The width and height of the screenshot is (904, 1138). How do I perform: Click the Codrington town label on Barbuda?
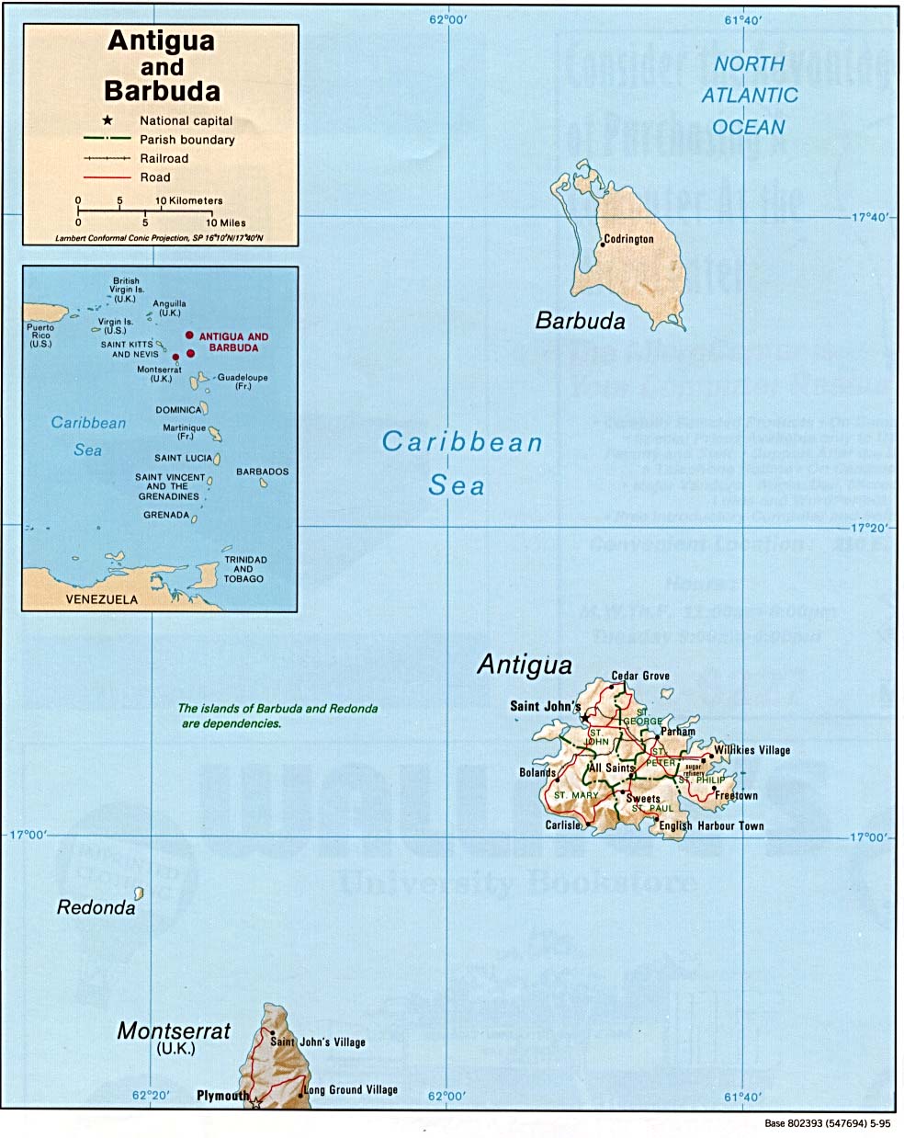pos(630,239)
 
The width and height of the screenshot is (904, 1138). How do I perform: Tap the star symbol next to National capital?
pos(107,120)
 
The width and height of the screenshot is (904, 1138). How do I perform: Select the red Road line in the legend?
pos(107,177)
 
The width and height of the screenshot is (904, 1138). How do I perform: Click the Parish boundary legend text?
pos(186,140)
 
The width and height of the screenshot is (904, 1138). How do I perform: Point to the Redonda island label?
pos(96,907)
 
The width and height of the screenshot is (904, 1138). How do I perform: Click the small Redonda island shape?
pos(139,893)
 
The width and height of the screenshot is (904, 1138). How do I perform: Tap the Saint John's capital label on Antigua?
pos(545,706)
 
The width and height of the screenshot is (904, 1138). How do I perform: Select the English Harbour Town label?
pos(711,825)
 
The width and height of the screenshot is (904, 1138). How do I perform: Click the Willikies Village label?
pos(751,750)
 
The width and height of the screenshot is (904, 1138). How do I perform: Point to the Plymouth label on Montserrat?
pos(222,1096)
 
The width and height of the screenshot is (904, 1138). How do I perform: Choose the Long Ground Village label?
pos(353,1090)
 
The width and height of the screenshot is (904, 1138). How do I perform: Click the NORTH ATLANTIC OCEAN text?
pos(749,96)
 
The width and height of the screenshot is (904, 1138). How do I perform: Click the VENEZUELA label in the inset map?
pos(101,599)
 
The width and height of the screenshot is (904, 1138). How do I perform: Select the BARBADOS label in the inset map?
pos(262,472)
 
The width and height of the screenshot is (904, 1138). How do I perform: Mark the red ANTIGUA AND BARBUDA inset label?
pos(233,342)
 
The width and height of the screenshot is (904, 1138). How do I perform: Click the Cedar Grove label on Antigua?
pos(640,676)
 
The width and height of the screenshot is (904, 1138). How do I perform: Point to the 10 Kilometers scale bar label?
pos(189,200)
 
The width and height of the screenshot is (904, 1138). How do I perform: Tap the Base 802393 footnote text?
pos(827,1123)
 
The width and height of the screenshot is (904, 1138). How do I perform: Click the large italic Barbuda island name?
pos(580,321)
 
